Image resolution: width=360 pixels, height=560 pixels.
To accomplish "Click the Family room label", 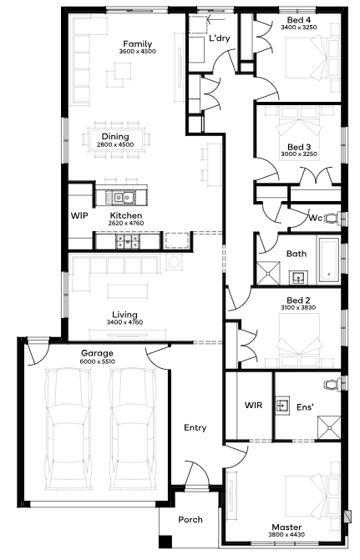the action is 138,44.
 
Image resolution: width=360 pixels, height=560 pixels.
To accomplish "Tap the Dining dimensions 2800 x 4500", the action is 115,144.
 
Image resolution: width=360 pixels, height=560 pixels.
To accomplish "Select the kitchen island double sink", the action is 124,197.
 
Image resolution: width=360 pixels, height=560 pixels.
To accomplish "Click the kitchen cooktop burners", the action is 128,241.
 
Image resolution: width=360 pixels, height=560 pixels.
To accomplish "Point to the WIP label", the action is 79,215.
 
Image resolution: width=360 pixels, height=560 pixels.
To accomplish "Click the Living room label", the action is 124,315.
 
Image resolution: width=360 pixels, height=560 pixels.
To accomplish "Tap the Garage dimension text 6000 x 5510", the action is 97,361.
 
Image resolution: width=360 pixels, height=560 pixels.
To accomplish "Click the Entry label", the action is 195,427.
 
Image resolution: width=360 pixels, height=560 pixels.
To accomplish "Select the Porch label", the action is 190,520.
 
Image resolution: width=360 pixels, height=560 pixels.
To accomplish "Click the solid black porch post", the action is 165,542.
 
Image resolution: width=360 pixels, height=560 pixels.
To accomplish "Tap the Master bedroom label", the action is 286,527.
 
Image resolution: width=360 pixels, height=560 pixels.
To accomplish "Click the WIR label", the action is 253,405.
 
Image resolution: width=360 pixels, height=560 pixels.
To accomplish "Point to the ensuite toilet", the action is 332,385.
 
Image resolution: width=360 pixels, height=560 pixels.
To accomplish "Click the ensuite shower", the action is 329,427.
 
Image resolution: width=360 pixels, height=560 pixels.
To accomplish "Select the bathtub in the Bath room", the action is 329,260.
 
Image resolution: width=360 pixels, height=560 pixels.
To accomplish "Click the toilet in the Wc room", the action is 332,218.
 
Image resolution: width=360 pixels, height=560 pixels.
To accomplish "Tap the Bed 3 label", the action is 299,147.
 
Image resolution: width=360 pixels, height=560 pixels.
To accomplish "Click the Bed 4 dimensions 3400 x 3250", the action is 298,28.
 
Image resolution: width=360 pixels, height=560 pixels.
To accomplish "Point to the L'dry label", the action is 220,38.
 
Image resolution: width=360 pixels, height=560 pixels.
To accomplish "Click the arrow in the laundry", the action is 216,20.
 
